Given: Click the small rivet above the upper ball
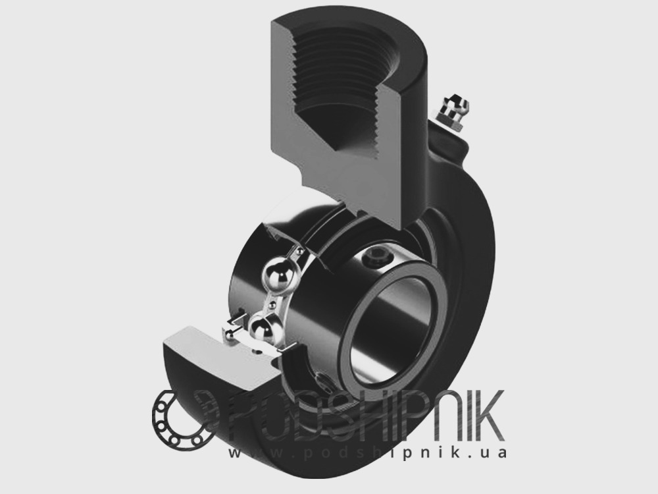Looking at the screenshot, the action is point(299,252).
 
